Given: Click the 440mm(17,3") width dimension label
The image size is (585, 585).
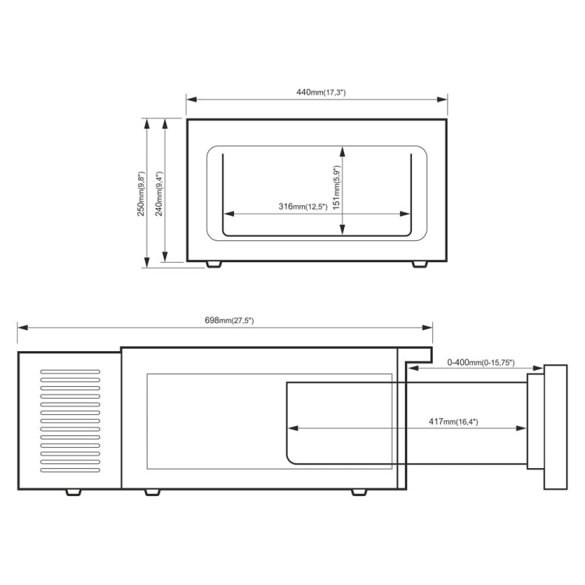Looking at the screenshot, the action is tap(321, 92).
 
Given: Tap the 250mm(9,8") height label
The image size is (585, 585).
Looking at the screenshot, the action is tap(140, 193).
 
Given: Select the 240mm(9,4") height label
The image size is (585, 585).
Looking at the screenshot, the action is tap(159, 193).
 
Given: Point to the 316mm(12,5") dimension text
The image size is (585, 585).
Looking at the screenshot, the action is tap(303, 207).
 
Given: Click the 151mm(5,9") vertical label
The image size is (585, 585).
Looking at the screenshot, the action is tap(336, 187).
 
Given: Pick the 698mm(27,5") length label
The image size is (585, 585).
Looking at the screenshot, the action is tap(229, 321).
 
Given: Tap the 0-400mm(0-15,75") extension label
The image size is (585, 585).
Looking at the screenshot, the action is tap(481, 363).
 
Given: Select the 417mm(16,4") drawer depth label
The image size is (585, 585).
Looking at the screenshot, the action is tap(453, 422).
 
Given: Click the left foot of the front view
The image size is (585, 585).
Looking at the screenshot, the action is tap(214, 264).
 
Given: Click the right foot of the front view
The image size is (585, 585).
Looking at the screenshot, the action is tap(420, 264).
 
